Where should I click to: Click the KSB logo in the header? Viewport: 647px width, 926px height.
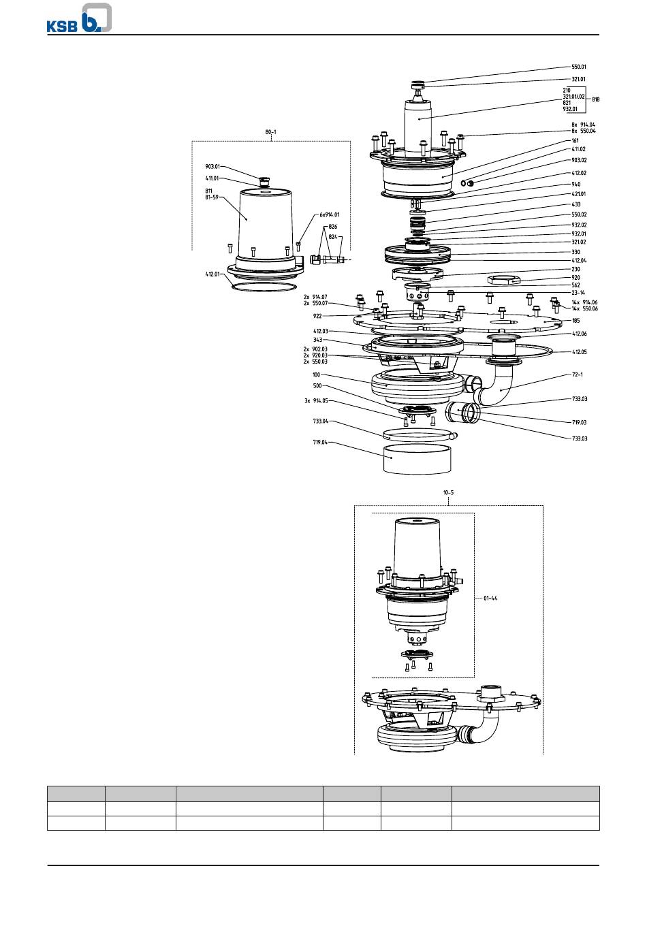(79, 18)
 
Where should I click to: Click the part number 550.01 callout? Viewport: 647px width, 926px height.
(579, 67)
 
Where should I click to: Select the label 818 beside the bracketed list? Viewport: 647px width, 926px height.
(595, 99)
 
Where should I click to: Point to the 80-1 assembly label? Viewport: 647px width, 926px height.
(271, 132)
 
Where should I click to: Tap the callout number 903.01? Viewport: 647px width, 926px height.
(212, 167)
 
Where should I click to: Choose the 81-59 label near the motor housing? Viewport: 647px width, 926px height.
(212, 197)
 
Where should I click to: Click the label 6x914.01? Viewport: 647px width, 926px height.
(330, 214)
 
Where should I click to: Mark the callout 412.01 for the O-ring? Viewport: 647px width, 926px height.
(212, 274)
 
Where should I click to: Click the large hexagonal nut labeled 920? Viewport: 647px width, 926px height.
(503, 279)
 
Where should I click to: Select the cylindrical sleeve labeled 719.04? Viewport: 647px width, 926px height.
(417, 459)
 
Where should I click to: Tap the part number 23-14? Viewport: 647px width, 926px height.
(578, 293)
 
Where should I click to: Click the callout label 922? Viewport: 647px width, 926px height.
(317, 316)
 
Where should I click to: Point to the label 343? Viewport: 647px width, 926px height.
(317, 340)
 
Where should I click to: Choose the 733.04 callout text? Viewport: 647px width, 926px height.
(320, 421)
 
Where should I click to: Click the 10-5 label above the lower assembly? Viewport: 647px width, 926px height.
(448, 492)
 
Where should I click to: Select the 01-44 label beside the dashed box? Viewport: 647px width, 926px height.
(490, 598)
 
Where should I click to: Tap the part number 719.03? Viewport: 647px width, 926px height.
(579, 422)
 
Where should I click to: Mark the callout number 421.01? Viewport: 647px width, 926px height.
(579, 194)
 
